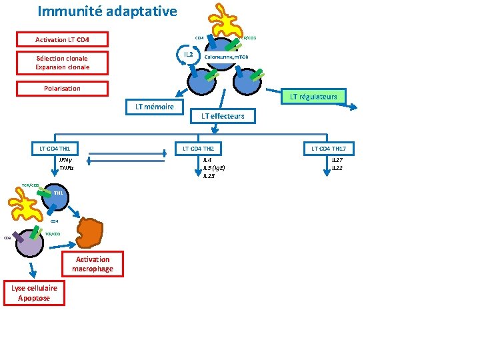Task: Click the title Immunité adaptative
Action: coord(107,11)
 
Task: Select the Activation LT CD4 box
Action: coord(62,39)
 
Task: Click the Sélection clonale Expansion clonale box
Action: coord(62,63)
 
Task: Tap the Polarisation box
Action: coord(62,89)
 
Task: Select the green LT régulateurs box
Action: coord(313,97)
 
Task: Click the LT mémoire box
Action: coord(154,107)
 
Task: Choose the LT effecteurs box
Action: coord(223,116)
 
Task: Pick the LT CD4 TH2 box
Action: coord(198,148)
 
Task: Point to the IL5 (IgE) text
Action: coord(213,168)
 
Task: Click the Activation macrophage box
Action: coord(93,264)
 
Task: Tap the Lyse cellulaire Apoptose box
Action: coord(34,293)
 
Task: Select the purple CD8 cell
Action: coord(30,244)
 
